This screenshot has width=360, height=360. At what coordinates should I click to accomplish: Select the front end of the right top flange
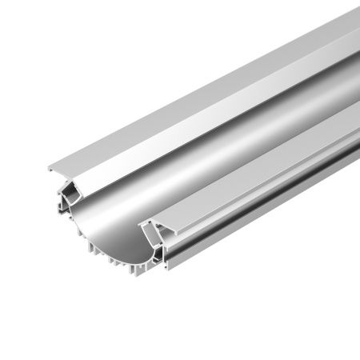[145, 219]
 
